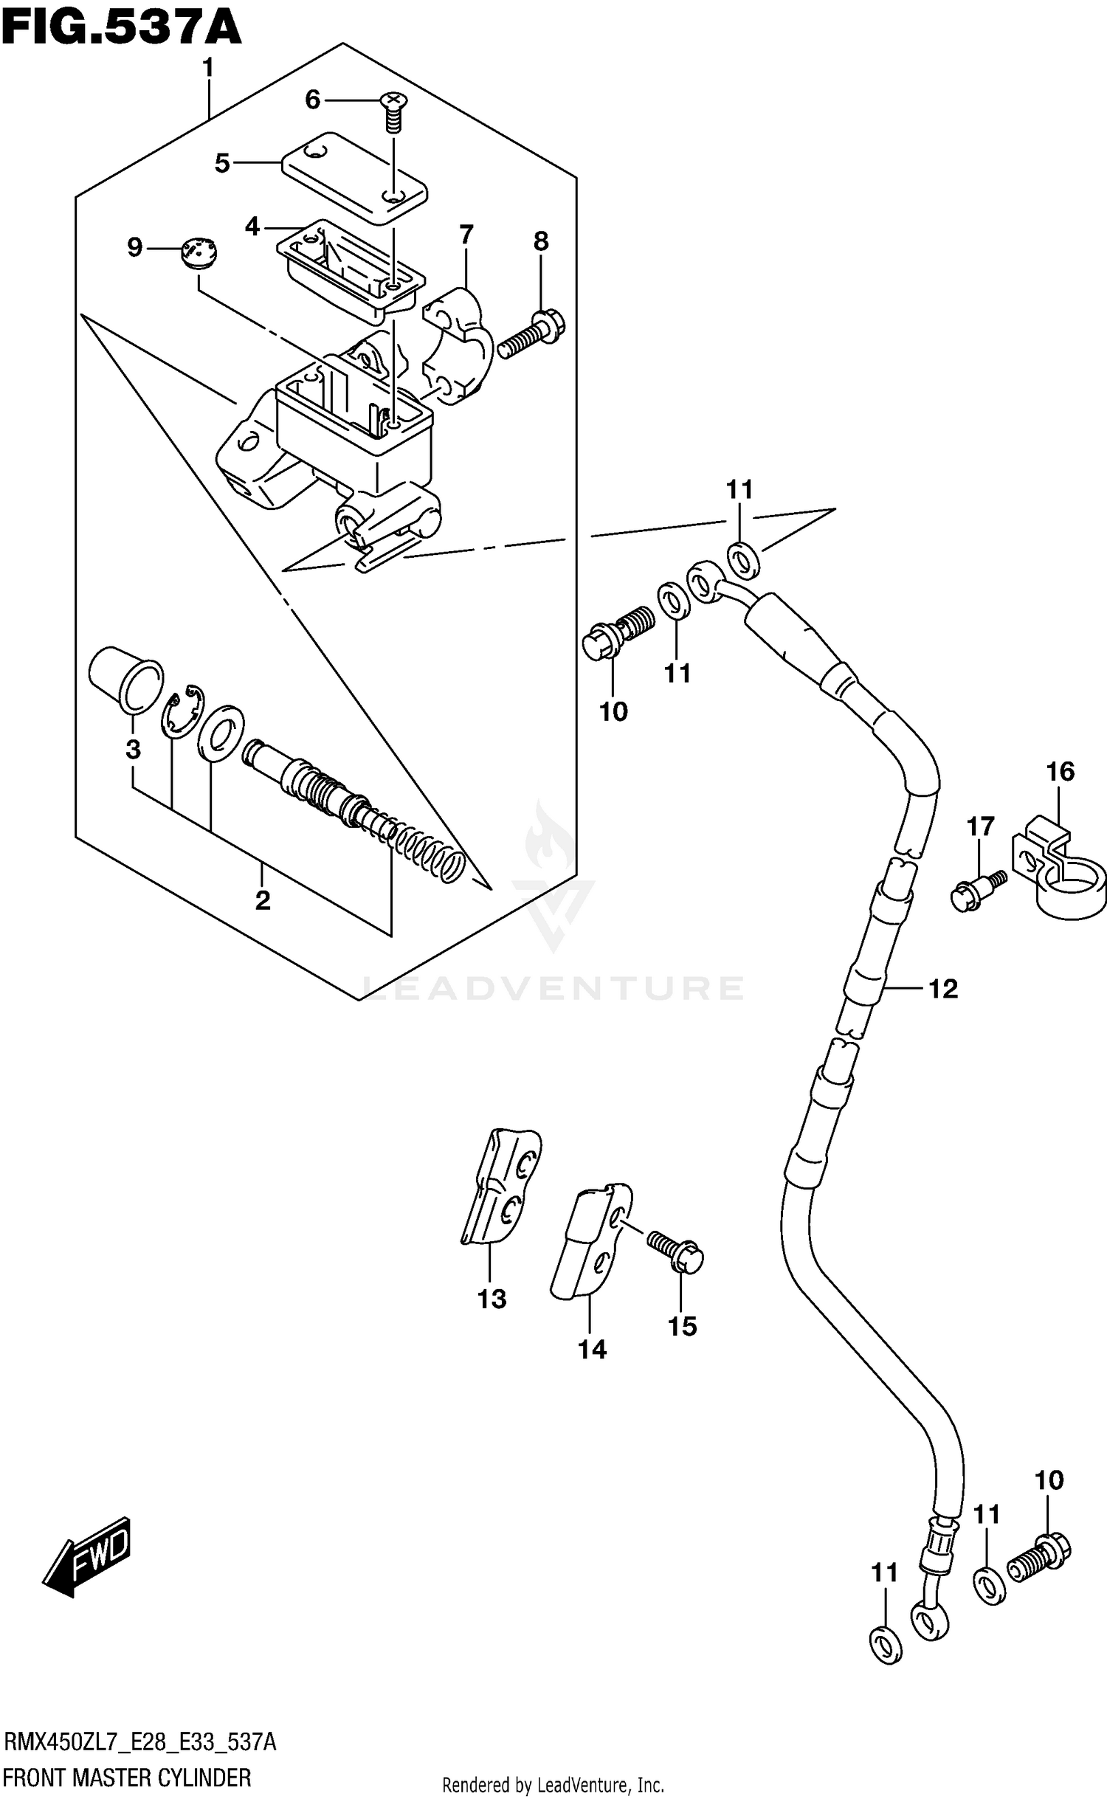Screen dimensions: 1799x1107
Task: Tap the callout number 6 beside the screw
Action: (313, 100)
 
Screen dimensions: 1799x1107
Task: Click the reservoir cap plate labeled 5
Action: (354, 177)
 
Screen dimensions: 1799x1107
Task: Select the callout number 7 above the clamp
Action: (466, 235)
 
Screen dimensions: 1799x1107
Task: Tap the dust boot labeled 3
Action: (123, 674)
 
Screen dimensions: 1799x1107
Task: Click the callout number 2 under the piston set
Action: (263, 900)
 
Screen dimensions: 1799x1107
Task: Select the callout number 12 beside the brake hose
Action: (942, 989)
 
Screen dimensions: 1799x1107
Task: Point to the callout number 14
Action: (592, 1349)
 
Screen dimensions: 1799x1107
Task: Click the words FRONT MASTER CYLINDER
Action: (128, 1777)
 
